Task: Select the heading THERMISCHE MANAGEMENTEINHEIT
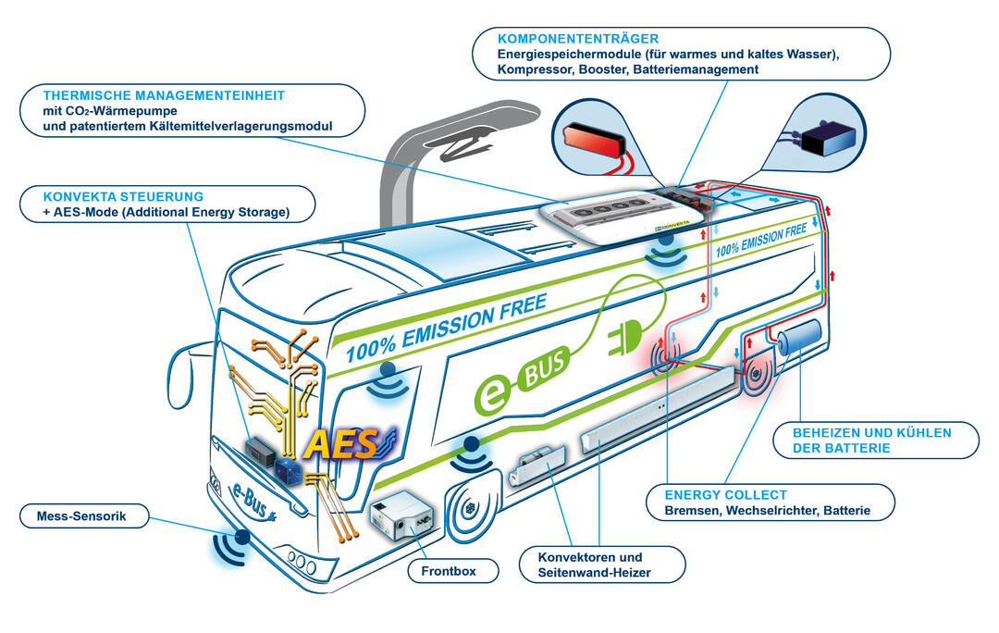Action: click(165, 94)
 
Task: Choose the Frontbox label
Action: click(448, 571)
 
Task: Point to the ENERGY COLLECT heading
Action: click(726, 495)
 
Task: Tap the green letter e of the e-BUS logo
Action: click(495, 392)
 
